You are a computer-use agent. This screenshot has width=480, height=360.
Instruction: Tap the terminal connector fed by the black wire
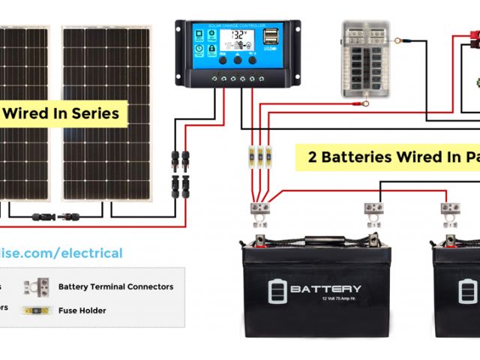375,211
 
